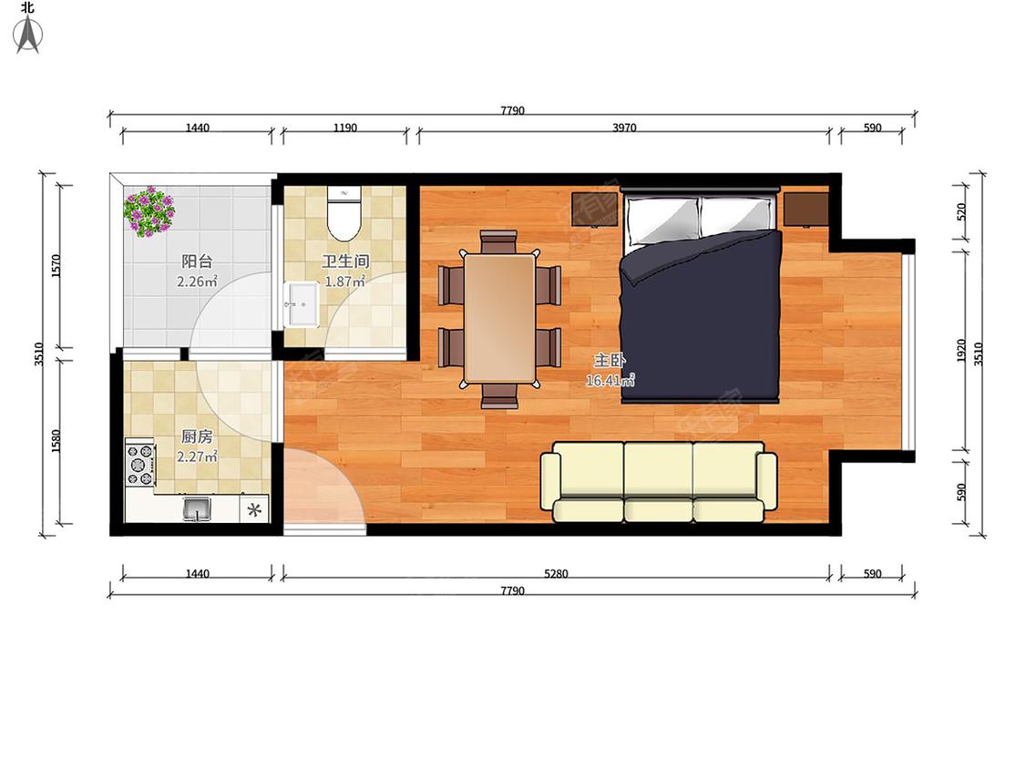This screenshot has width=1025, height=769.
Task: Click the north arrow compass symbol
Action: (27, 34)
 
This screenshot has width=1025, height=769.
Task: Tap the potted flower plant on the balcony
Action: (149, 210)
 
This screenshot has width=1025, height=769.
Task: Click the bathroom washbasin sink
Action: (301, 304)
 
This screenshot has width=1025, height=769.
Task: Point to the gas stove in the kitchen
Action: (140, 465)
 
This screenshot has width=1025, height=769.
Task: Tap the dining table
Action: (498, 318)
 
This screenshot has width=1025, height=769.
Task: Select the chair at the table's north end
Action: (498, 241)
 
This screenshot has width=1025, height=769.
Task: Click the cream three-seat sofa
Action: (659, 483)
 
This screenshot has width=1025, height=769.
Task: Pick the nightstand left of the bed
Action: (596, 210)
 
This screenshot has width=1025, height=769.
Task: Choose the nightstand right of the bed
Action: (806, 210)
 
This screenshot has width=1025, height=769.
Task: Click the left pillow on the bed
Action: (661, 219)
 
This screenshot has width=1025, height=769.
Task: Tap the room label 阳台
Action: (197, 261)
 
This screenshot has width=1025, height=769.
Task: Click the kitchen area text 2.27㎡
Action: (197, 456)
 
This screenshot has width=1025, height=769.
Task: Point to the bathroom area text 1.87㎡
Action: (345, 282)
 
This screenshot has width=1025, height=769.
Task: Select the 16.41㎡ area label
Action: (610, 380)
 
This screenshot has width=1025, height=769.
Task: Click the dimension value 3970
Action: (624, 128)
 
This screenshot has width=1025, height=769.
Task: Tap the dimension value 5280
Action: (556, 573)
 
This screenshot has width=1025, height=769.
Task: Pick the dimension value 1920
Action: (960, 351)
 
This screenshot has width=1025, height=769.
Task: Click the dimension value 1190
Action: (345, 128)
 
